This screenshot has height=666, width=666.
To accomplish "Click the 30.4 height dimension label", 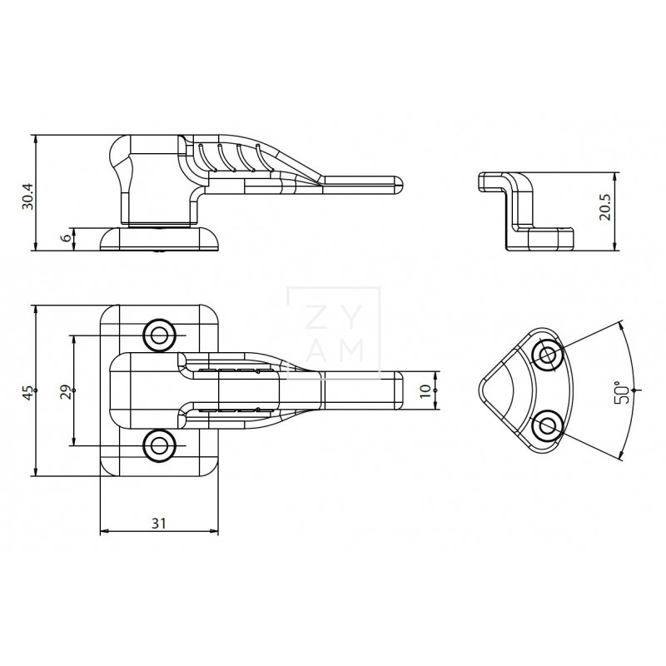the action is [28, 196].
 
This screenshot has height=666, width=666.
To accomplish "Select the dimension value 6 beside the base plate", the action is [66, 238].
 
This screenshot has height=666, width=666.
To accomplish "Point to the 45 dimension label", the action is [28, 392].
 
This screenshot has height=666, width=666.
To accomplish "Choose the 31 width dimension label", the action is [159, 523].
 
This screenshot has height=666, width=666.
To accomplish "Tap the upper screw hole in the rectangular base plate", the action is [159, 335].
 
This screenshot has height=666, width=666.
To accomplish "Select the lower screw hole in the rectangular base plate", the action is [159, 446].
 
